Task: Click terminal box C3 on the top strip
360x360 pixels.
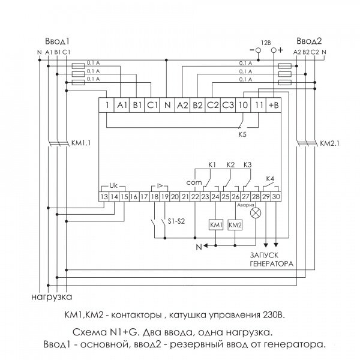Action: click(228, 105)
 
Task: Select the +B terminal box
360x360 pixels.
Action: click(274, 105)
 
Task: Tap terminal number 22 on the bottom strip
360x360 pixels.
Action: click(195, 197)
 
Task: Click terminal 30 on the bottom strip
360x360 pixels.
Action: click(276, 197)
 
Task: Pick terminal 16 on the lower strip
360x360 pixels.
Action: click(134, 197)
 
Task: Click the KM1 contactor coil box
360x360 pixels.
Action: click(216, 225)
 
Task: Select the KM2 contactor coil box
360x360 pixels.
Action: click(235, 225)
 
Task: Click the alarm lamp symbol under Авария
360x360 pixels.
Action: click(256, 213)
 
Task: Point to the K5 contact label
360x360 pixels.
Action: click(242, 134)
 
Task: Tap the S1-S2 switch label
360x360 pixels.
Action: click(176, 221)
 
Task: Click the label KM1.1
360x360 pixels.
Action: click(81, 143)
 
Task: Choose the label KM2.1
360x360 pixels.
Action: click(329, 143)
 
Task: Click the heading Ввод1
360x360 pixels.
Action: click(57, 41)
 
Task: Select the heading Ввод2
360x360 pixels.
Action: click(309, 41)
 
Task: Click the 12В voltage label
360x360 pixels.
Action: click(266, 43)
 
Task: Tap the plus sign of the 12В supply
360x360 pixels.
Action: click(280, 50)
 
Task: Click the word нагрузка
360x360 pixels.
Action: click(52, 297)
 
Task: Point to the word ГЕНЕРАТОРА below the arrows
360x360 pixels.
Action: click(272, 264)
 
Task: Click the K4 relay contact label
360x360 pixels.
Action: click(270, 179)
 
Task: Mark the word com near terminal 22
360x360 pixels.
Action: click(194, 183)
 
